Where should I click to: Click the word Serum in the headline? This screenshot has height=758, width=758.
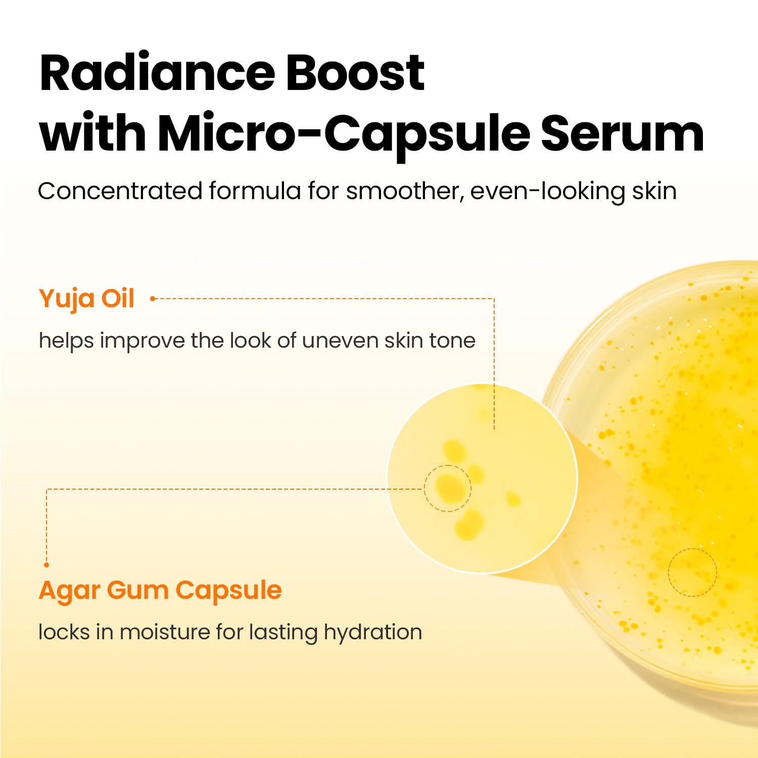pyautogui.click(x=623, y=133)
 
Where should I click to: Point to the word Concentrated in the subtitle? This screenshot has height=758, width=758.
pyautogui.click(x=120, y=191)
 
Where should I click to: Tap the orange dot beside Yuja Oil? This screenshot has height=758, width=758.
pyautogui.click(x=153, y=299)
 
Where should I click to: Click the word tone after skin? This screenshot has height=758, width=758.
pyautogui.click(x=452, y=341)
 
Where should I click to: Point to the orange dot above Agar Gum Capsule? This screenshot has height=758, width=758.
pyautogui.click(x=46, y=564)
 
